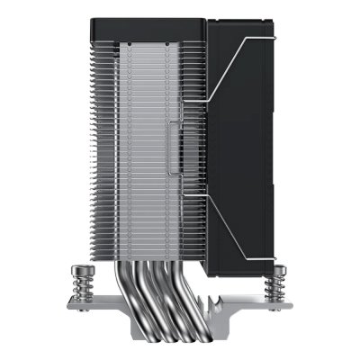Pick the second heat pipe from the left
pos(148,301)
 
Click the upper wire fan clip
pos(238,67)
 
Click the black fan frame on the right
pos(247,135)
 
